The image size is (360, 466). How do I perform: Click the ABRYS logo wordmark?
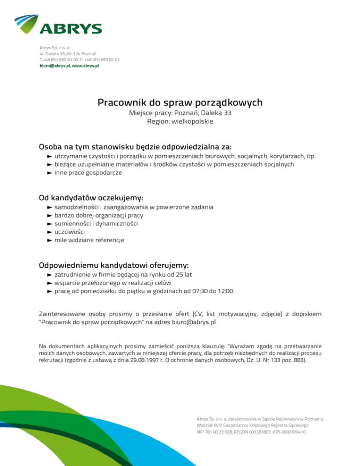[70, 29]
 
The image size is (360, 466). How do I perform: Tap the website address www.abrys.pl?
[85, 66]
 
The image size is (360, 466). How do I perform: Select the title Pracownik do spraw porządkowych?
[180, 102]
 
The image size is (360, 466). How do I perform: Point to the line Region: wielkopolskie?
[180, 121]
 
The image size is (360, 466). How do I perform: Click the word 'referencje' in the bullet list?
[109, 241]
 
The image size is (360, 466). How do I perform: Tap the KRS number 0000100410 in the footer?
[291, 432]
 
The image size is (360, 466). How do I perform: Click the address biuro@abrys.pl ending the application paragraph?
[194, 323]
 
